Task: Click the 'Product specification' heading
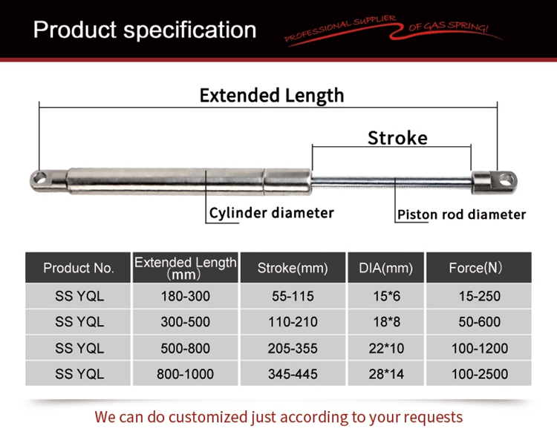pyautogui.click(x=145, y=30)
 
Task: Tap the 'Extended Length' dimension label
pyautogui.click(x=272, y=96)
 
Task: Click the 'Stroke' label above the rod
pyautogui.click(x=397, y=138)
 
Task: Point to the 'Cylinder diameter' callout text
pyautogui.click(x=271, y=213)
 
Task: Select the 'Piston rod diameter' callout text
pyautogui.click(x=461, y=214)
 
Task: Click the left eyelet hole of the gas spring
pyautogui.click(x=39, y=178)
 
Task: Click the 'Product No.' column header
pyautogui.click(x=78, y=268)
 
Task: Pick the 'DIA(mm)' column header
pyautogui.click(x=385, y=268)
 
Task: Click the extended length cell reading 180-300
pyautogui.click(x=186, y=296)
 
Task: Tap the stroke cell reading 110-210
pyautogui.click(x=293, y=322)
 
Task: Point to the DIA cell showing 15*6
pyautogui.click(x=386, y=296)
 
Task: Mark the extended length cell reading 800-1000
pyautogui.click(x=186, y=374)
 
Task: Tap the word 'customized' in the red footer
pyautogui.click(x=206, y=417)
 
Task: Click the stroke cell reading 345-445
pyautogui.click(x=293, y=374)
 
